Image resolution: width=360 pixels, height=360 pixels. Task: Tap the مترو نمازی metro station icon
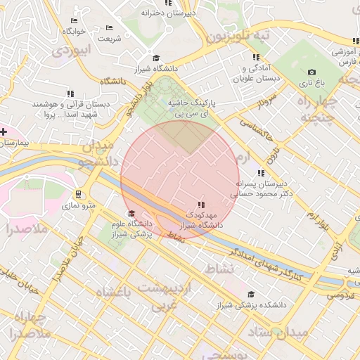click(78, 195)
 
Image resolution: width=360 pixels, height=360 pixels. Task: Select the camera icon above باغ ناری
click(311, 72)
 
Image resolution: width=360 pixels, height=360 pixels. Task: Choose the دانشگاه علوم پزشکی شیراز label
click(131, 229)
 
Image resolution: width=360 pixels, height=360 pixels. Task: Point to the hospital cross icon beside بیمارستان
click(4, 131)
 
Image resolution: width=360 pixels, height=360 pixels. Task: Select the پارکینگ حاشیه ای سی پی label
click(191, 108)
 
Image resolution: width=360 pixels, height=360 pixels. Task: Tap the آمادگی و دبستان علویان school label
click(255, 73)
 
